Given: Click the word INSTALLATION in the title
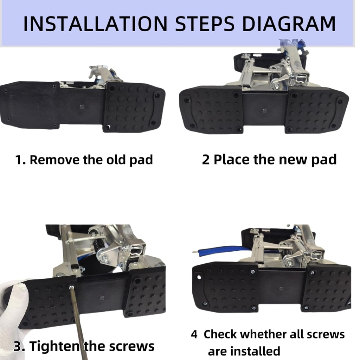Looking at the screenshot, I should click(x=95, y=24).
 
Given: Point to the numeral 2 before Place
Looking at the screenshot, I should click(x=206, y=160).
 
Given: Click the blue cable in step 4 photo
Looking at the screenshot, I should click(x=225, y=250).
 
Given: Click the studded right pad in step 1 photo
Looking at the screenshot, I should click(x=134, y=107).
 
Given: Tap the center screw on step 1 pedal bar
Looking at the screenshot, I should click(x=82, y=107).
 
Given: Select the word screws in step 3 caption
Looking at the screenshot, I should click(x=131, y=346).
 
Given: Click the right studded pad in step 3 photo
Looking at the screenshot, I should click(x=146, y=294).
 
